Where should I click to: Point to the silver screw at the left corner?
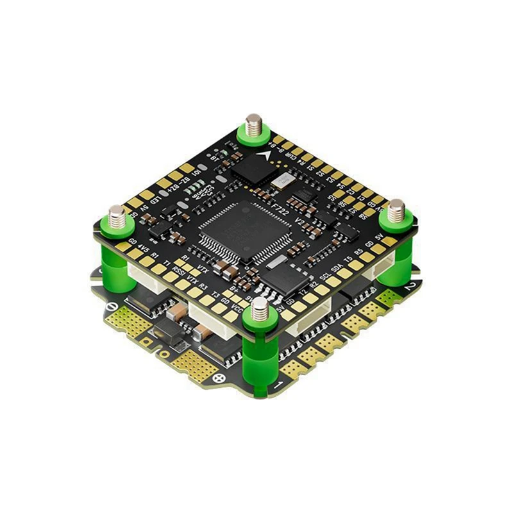point(117,216)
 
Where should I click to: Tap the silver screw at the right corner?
point(396,209)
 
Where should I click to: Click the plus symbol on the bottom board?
point(220,378)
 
